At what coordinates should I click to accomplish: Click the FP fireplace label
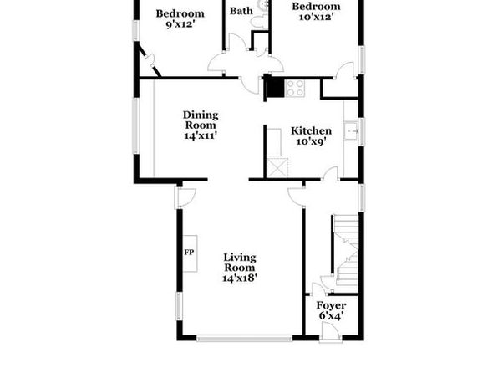coord(189,253)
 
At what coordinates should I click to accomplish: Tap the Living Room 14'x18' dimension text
coord(240,278)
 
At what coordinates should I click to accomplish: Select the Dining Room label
coord(201,120)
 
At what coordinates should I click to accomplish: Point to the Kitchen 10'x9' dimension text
coord(311,141)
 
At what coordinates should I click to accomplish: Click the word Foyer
coord(331,305)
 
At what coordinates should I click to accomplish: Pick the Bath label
coord(241,11)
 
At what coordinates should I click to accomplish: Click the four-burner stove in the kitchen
coord(295,88)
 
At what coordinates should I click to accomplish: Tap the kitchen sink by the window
coord(351,130)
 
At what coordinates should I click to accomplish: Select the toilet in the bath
coord(259,22)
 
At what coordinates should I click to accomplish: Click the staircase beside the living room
coord(346,250)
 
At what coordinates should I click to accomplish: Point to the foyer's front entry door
coord(331,332)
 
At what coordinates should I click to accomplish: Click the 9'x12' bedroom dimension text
coord(180,24)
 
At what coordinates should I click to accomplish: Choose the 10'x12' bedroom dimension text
coord(316,17)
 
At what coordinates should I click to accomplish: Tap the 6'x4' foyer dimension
coord(331,316)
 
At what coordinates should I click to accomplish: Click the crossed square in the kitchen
coord(277,167)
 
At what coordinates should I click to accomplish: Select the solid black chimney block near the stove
coord(275,88)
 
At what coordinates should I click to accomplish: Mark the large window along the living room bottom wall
coord(244,339)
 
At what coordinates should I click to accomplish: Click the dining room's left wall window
coord(136,126)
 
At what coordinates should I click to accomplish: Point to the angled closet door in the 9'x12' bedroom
coord(150,62)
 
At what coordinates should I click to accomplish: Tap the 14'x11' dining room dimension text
coord(201,135)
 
